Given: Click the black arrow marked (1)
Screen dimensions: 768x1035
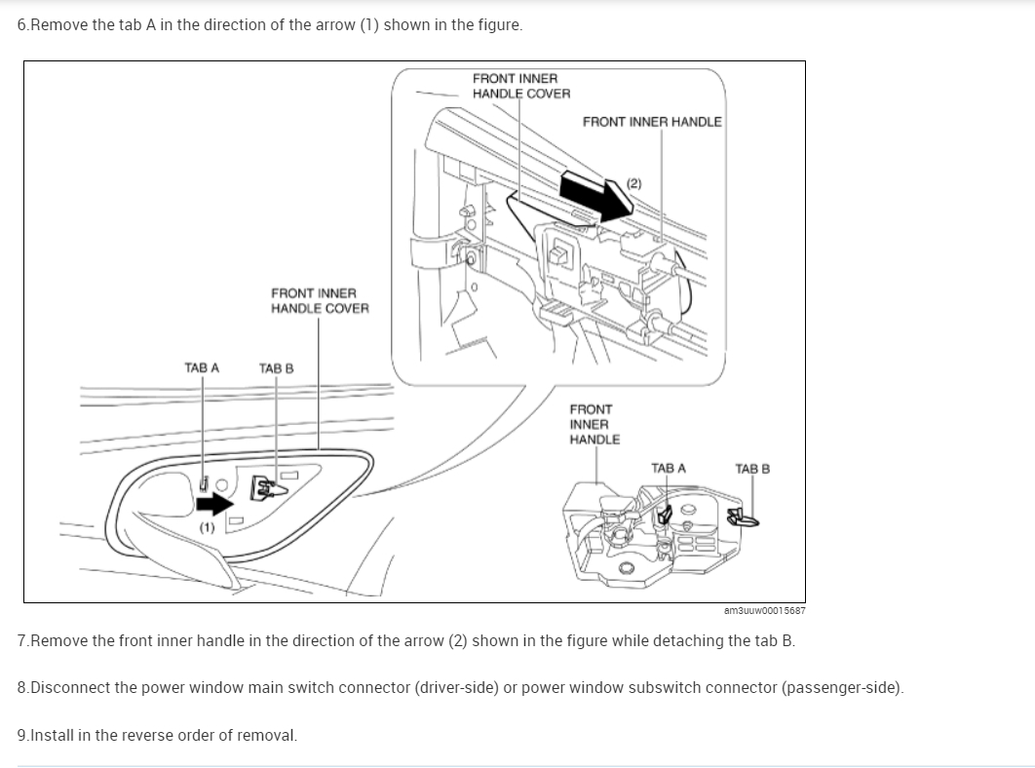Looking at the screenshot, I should tap(213, 503).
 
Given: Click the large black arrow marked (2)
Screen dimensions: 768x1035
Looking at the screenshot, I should tap(597, 194).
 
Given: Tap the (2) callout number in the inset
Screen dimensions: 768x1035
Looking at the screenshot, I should tap(634, 182).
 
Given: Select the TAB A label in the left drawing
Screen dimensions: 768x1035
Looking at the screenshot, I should tap(202, 368).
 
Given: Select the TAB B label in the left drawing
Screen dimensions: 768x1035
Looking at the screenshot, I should tap(276, 368).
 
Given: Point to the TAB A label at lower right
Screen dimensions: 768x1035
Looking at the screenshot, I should tap(668, 469).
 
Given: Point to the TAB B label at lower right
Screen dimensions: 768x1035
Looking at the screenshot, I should tap(752, 469).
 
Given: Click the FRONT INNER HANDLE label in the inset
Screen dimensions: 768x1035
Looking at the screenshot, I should tap(652, 122).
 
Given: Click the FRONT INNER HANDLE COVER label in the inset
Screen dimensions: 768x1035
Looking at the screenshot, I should tap(521, 86).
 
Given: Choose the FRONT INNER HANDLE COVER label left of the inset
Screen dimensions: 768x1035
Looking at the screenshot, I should tap(320, 300).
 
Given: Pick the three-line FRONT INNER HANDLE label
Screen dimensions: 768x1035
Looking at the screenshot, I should tap(594, 424).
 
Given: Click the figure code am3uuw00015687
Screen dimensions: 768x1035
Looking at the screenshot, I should tap(764, 610).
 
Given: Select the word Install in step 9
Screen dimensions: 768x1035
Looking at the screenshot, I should tap(54, 735).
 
